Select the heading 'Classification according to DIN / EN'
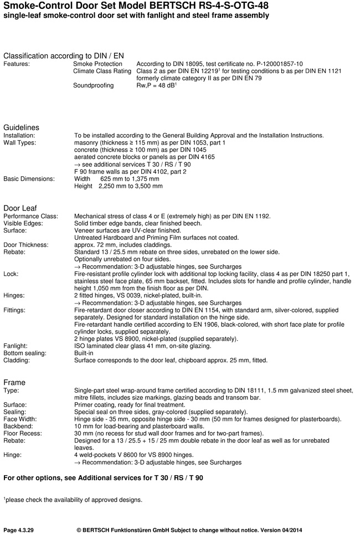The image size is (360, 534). click(64, 56)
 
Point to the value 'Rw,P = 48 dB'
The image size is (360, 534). click(156, 86)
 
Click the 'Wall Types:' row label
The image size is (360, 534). click(19, 143)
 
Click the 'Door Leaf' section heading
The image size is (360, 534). click(20, 208)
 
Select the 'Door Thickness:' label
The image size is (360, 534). click(26, 245)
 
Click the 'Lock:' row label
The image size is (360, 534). click(11, 274)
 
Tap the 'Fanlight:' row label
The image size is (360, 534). click(16, 346)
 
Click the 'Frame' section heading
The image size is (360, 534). click(14, 382)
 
